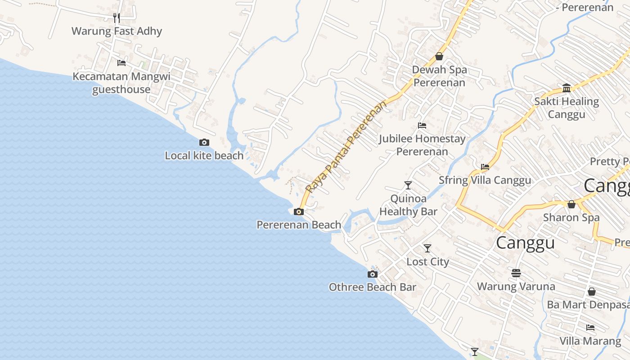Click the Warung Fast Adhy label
pos(117,31)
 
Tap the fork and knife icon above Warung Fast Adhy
pos(117,18)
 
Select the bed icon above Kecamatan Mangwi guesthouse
pos(121,63)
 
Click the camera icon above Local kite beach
pos(204,142)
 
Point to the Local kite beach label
pos(204,156)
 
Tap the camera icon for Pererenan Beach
pos(299,211)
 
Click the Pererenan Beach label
pos(299,225)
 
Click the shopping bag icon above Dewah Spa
pos(439,56)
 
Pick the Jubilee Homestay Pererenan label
pos(422,145)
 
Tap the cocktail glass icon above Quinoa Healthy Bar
pos(408,185)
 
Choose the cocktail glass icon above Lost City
pos(427,248)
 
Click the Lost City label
pos(427,261)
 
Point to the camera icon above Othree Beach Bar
pos(373,274)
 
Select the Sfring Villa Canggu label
pos(485,180)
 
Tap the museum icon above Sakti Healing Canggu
pos(567,88)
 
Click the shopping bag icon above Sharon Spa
pos(571,204)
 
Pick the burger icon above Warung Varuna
pos(516,273)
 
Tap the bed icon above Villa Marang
pos(590,327)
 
